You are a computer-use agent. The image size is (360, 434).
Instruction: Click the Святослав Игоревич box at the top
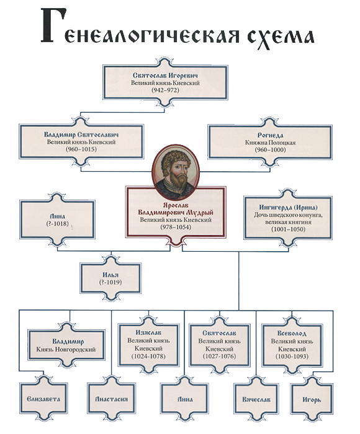click(x=165, y=82)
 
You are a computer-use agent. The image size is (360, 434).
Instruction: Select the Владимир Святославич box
click(x=81, y=142)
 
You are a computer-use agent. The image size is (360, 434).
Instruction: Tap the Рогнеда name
click(x=270, y=135)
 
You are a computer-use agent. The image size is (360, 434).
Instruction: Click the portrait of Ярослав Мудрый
click(x=176, y=172)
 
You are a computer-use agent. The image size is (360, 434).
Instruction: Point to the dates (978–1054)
click(x=176, y=228)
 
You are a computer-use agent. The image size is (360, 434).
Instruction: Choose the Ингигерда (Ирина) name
click(x=288, y=207)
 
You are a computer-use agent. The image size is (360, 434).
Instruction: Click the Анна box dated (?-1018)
click(x=57, y=219)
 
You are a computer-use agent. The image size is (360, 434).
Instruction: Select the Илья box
click(x=110, y=278)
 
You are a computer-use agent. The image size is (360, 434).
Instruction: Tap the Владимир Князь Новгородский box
click(x=66, y=345)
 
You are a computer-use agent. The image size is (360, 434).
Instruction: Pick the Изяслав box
click(x=148, y=345)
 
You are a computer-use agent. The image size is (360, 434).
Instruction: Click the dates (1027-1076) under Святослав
click(x=220, y=356)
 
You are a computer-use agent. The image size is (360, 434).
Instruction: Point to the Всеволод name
click(x=292, y=334)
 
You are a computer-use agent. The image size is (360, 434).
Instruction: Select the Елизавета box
click(x=43, y=399)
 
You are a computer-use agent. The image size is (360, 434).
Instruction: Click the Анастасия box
click(x=111, y=399)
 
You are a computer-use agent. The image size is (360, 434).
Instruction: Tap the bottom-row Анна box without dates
click(x=185, y=399)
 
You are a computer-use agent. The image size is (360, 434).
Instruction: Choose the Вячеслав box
click(x=256, y=399)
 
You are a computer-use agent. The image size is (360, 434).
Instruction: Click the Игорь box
click(x=312, y=399)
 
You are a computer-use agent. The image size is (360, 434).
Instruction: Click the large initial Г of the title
click(x=53, y=25)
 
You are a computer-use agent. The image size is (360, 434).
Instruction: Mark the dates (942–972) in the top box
click(x=165, y=90)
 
